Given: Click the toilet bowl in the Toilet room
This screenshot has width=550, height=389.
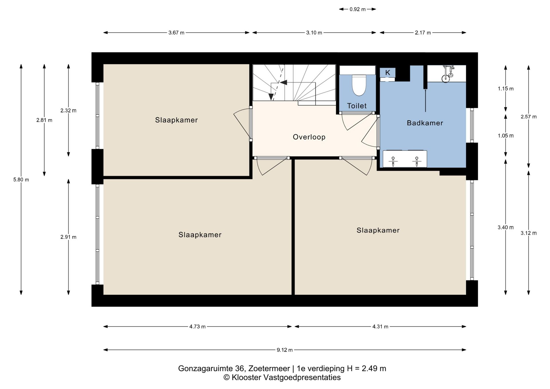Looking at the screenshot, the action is [x=359, y=85].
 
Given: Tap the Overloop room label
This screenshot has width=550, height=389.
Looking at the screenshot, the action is [x=309, y=137].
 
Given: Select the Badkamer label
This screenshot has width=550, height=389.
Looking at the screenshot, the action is [x=425, y=123].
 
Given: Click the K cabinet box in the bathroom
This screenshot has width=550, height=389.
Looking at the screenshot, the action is [x=388, y=73].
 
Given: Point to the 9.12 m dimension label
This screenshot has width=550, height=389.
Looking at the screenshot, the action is [x=285, y=350].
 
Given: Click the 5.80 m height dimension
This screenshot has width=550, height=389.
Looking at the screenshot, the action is [x=21, y=180].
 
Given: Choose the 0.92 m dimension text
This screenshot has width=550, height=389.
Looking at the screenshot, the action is [x=357, y=9].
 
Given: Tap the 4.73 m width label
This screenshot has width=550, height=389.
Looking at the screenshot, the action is [x=197, y=327].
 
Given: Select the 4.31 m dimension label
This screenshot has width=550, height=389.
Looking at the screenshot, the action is [x=380, y=327].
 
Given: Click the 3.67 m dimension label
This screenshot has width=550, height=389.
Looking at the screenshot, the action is [x=176, y=33].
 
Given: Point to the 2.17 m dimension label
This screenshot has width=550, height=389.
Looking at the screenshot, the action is [x=423, y=33].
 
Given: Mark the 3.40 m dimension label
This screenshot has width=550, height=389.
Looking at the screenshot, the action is [x=506, y=227].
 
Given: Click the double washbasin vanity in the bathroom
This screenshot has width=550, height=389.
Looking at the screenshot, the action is [x=405, y=159].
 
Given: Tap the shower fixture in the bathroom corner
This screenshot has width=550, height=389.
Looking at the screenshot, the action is [x=447, y=74].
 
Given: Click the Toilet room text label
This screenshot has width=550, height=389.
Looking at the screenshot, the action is [x=357, y=106].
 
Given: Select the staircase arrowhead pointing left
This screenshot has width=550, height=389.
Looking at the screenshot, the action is [x=284, y=82].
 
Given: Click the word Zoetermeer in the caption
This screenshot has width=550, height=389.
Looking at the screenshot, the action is [x=269, y=368].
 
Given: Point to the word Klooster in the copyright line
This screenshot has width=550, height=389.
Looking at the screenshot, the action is [x=246, y=378].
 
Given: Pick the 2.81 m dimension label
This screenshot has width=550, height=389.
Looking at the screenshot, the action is [x=44, y=120].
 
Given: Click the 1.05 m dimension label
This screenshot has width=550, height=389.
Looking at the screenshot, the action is [x=506, y=136].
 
